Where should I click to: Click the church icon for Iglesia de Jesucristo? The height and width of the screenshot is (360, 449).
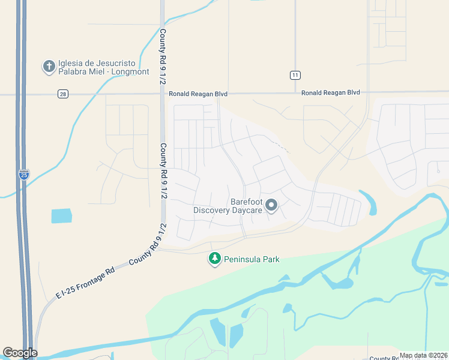tap(49, 66)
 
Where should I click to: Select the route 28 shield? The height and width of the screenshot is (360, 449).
tap(63, 94)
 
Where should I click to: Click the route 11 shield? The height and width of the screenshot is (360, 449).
tap(295, 75)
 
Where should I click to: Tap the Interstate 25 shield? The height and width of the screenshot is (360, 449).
tap(23, 175)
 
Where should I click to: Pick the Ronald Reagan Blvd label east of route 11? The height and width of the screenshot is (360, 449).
tap(330, 93)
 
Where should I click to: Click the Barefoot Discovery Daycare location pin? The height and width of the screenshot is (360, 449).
tap(271, 206)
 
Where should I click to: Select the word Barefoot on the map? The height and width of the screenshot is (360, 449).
tap(247, 202)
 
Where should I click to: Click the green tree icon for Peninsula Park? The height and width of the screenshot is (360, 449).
tap(214, 259)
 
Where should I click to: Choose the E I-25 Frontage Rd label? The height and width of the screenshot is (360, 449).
tap(85, 283)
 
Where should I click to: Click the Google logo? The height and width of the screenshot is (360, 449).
tap(20, 353)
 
